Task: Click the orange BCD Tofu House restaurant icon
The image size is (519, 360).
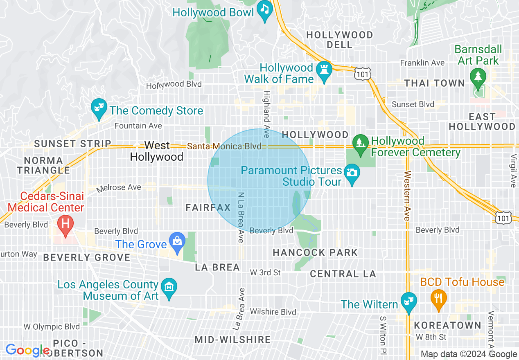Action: tap(438, 297)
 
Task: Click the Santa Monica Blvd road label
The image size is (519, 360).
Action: tap(224, 146)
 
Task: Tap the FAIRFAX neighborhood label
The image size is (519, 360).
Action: tap(208, 208)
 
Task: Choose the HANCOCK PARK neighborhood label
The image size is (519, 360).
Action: tap(315, 252)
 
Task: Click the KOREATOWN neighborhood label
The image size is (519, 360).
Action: tap(448, 325)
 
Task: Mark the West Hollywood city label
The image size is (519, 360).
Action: tap(157, 151)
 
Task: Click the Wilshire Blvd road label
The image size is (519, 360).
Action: tap(273, 312)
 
